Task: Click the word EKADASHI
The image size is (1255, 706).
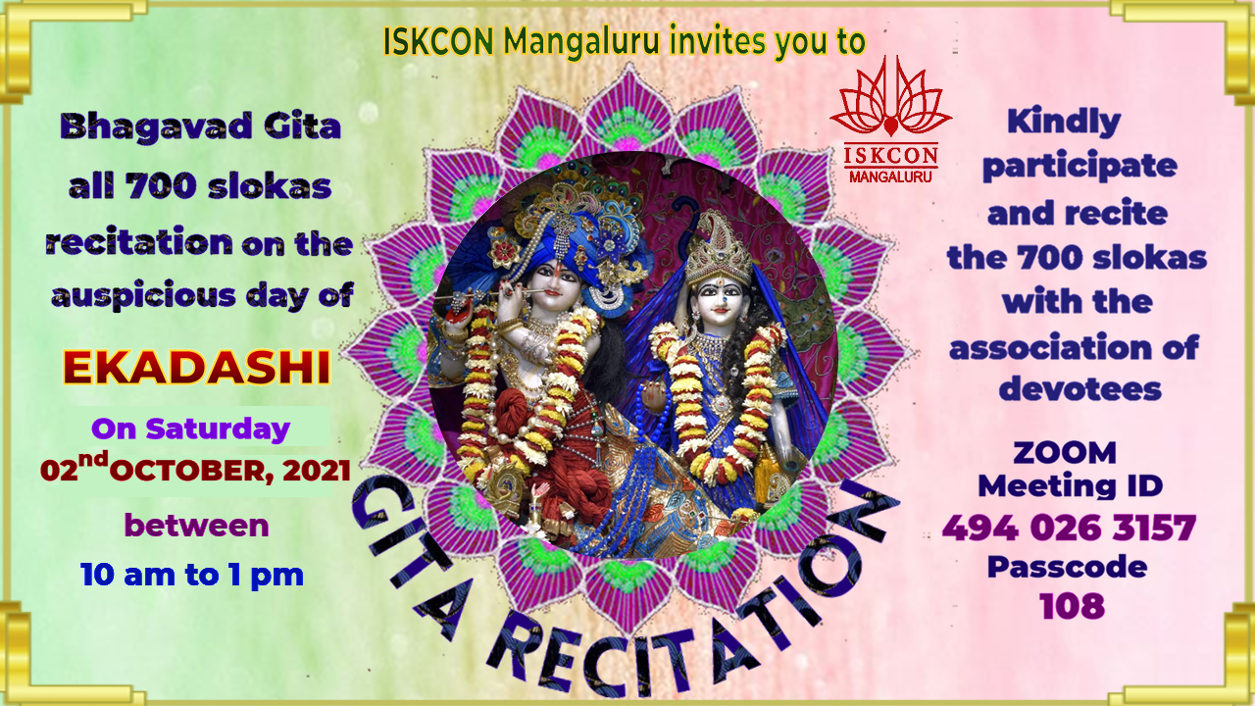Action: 196,368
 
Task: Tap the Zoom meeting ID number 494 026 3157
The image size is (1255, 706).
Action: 1069,528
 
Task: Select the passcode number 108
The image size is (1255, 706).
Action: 1072,606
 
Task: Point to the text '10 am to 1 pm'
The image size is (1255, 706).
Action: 191,575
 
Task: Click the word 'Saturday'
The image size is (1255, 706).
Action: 218,429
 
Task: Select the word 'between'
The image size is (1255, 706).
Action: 196,526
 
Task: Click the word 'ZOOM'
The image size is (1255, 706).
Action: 1065,453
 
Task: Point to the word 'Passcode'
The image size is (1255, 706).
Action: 1068,567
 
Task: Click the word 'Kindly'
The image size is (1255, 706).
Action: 1064,123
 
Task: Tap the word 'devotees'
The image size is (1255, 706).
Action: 1079,388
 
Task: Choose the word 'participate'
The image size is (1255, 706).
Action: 1079,167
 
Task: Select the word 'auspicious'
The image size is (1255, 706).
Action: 143,296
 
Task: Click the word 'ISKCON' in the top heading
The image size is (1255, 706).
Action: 438,41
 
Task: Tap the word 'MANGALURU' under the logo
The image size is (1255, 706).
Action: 890,177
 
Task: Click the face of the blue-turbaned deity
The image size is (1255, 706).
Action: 554,285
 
